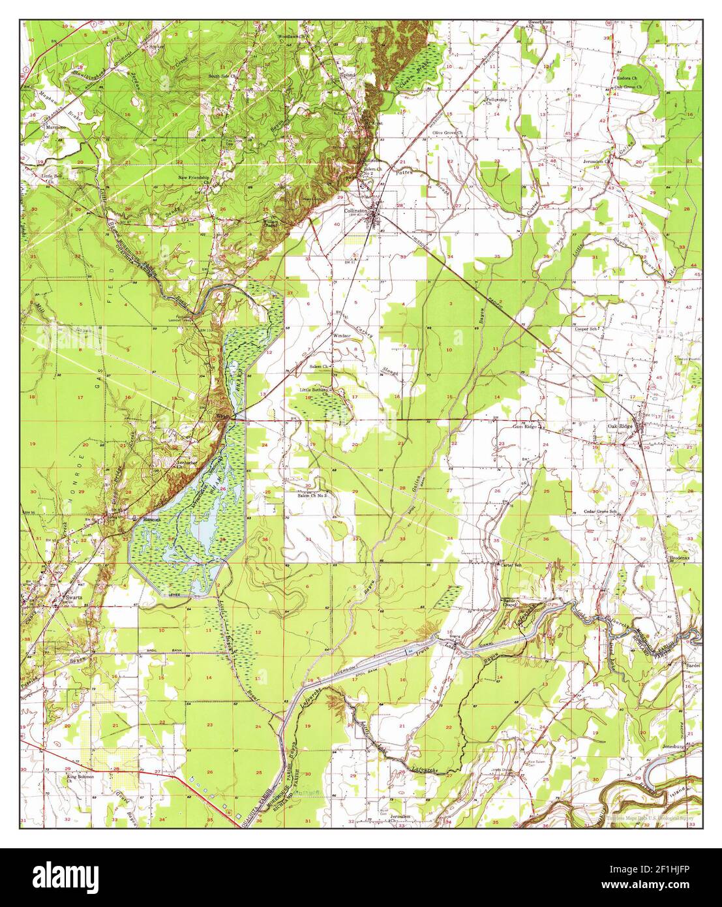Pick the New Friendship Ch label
tap(194, 179)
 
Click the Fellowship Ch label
tap(496, 100)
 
